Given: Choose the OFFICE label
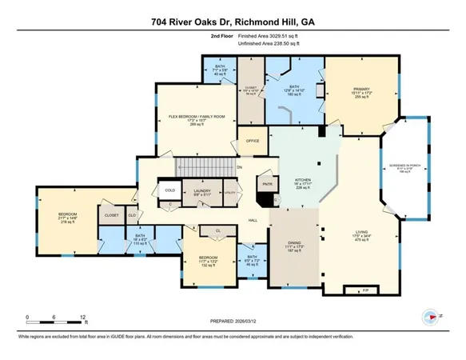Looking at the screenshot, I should [253, 141].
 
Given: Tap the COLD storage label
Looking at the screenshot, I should [169, 190].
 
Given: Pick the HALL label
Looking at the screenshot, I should [253, 220].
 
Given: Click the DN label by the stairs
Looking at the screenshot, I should [239, 166].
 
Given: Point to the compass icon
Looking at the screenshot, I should [430, 315].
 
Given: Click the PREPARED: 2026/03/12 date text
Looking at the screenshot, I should [233, 323].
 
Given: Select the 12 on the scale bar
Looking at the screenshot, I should [83, 318].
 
